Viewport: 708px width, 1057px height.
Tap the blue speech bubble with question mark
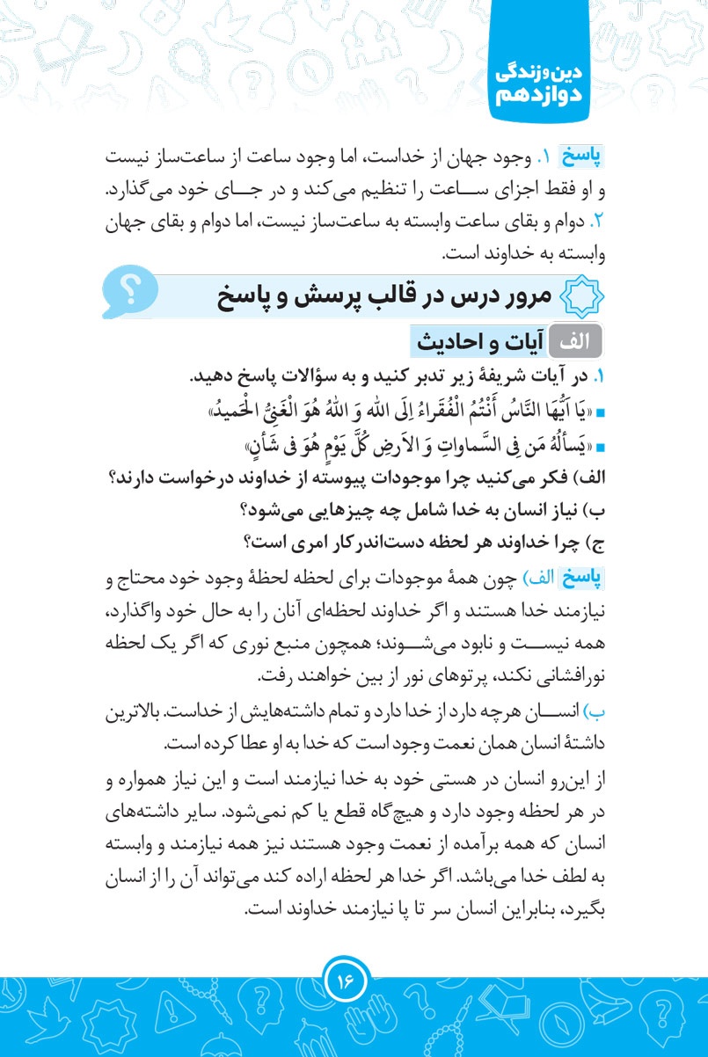tap(131, 294)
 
